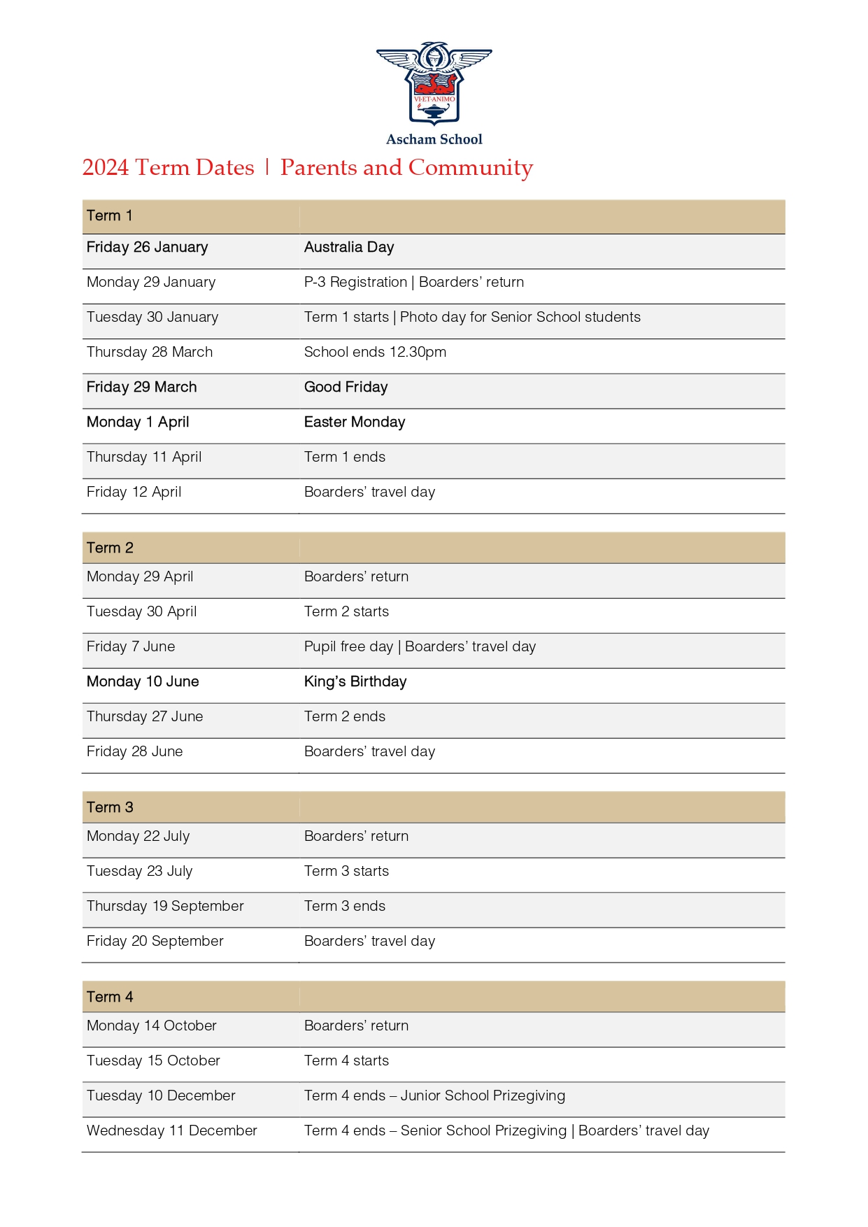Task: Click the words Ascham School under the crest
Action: click(x=434, y=139)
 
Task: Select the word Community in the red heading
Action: click(x=470, y=168)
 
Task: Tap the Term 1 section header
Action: click(x=109, y=215)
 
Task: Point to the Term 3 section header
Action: click(x=110, y=807)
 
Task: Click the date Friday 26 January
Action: click(x=147, y=247)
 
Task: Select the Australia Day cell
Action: click(x=348, y=247)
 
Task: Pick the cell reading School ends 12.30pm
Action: click(x=375, y=352)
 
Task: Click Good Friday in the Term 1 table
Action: click(x=346, y=387)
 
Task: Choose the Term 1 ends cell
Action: click(x=344, y=457)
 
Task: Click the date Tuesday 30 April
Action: click(x=141, y=611)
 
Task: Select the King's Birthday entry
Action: click(x=355, y=681)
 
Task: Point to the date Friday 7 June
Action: click(x=131, y=646)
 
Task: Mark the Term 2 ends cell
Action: click(x=344, y=716)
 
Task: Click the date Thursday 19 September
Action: click(x=165, y=906)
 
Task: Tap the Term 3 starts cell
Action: click(x=346, y=871)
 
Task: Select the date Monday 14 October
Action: click(x=151, y=1026)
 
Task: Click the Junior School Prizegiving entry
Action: click(x=434, y=1095)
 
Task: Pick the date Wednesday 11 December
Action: click(x=171, y=1130)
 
